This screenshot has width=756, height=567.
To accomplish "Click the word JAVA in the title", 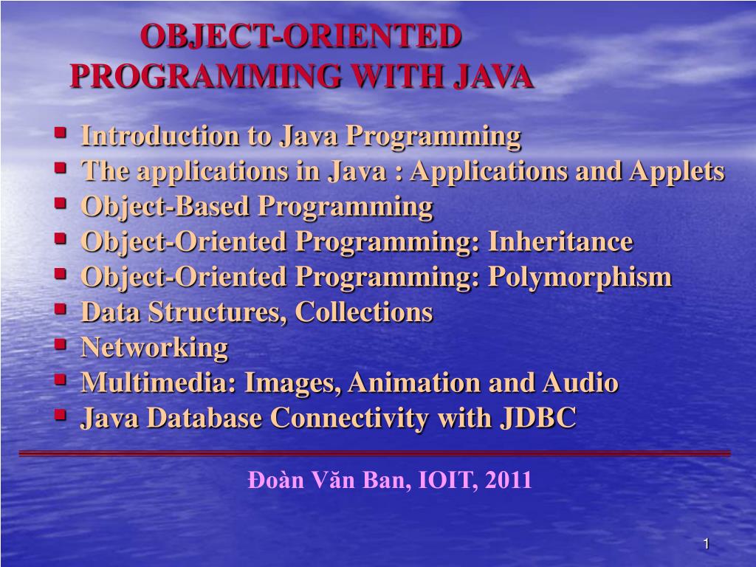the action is click(x=492, y=76).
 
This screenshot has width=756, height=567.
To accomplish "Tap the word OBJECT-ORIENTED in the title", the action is click(x=301, y=36).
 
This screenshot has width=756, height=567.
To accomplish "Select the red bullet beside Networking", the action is click(x=61, y=344).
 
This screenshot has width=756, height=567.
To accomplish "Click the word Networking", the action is click(x=154, y=348).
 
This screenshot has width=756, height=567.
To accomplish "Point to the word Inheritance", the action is click(x=560, y=241).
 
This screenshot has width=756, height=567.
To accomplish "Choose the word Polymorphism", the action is click(x=580, y=278).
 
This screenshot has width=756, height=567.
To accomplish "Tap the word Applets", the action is click(x=676, y=171).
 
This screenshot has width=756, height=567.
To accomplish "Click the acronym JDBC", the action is click(x=538, y=418).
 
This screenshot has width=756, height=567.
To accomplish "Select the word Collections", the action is click(x=363, y=312).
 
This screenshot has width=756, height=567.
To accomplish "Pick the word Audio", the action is click(x=580, y=382).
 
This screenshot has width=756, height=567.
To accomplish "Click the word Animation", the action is click(x=414, y=382).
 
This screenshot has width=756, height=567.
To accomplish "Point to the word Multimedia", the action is click(x=159, y=382).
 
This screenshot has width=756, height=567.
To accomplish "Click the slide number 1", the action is click(x=706, y=544).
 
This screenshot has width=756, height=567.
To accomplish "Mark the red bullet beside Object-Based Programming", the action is click(x=61, y=203).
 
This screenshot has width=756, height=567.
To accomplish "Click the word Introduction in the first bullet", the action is click(x=160, y=136).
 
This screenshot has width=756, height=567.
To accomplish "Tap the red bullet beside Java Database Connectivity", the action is click(x=61, y=415).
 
